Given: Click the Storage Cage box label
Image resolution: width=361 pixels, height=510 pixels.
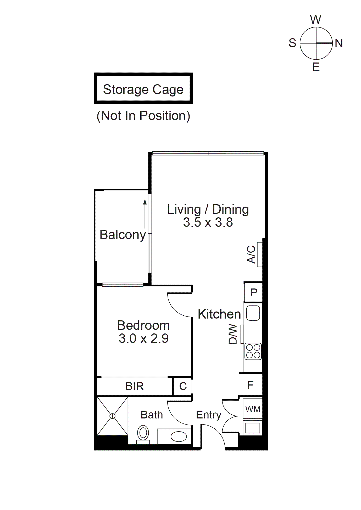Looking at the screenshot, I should tap(143, 89).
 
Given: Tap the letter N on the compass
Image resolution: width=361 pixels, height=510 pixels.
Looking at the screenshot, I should tap(339, 43).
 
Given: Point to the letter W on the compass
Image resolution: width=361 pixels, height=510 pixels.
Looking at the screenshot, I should tap(316, 20).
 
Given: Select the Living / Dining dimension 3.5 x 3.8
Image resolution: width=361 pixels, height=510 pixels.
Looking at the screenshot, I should tap(208, 222).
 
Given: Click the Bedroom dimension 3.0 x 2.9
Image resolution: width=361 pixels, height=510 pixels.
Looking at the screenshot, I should tap(143, 338).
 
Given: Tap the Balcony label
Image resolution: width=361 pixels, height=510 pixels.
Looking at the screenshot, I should tap(123, 235).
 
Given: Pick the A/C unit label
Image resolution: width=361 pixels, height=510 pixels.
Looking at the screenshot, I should tap(251, 254).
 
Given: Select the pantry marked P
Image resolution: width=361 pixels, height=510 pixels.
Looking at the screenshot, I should tap(253, 292).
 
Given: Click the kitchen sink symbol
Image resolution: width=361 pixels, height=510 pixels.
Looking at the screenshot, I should tap(253, 313).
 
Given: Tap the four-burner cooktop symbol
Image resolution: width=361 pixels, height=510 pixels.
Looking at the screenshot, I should tap(253, 351).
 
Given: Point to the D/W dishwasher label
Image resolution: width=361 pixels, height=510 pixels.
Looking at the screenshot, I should tap(233, 334).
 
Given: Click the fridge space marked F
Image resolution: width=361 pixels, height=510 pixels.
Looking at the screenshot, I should tap(250, 385).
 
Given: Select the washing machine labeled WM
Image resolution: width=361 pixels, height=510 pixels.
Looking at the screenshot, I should tap(253, 409).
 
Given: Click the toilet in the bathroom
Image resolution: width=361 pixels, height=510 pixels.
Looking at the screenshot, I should tap(143, 433).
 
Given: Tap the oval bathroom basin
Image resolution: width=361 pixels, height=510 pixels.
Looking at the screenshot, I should tap(179, 436).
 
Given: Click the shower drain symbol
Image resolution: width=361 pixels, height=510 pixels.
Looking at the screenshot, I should tap(112, 416).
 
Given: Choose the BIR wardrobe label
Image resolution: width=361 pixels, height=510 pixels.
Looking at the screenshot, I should tap(135, 386).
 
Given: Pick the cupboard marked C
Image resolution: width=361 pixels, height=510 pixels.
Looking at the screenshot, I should tap(183, 386).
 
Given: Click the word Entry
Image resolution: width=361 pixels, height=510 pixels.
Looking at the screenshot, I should tap(209, 415).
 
